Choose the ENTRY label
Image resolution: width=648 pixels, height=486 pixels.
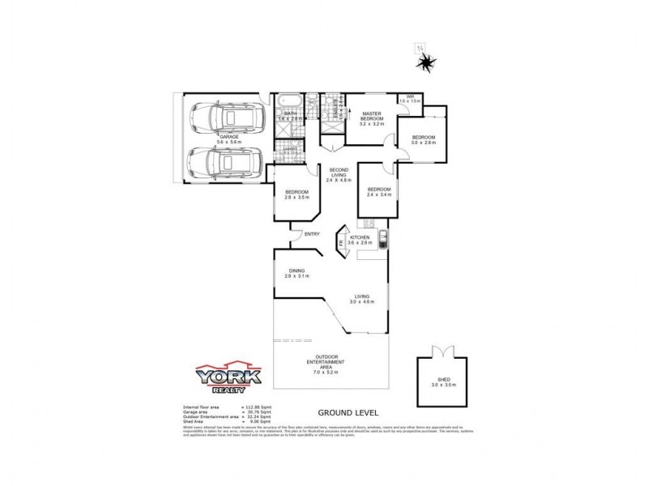pyautogui.click(x=312, y=235)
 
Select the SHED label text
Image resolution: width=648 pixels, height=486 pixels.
pyautogui.click(x=441, y=379)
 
